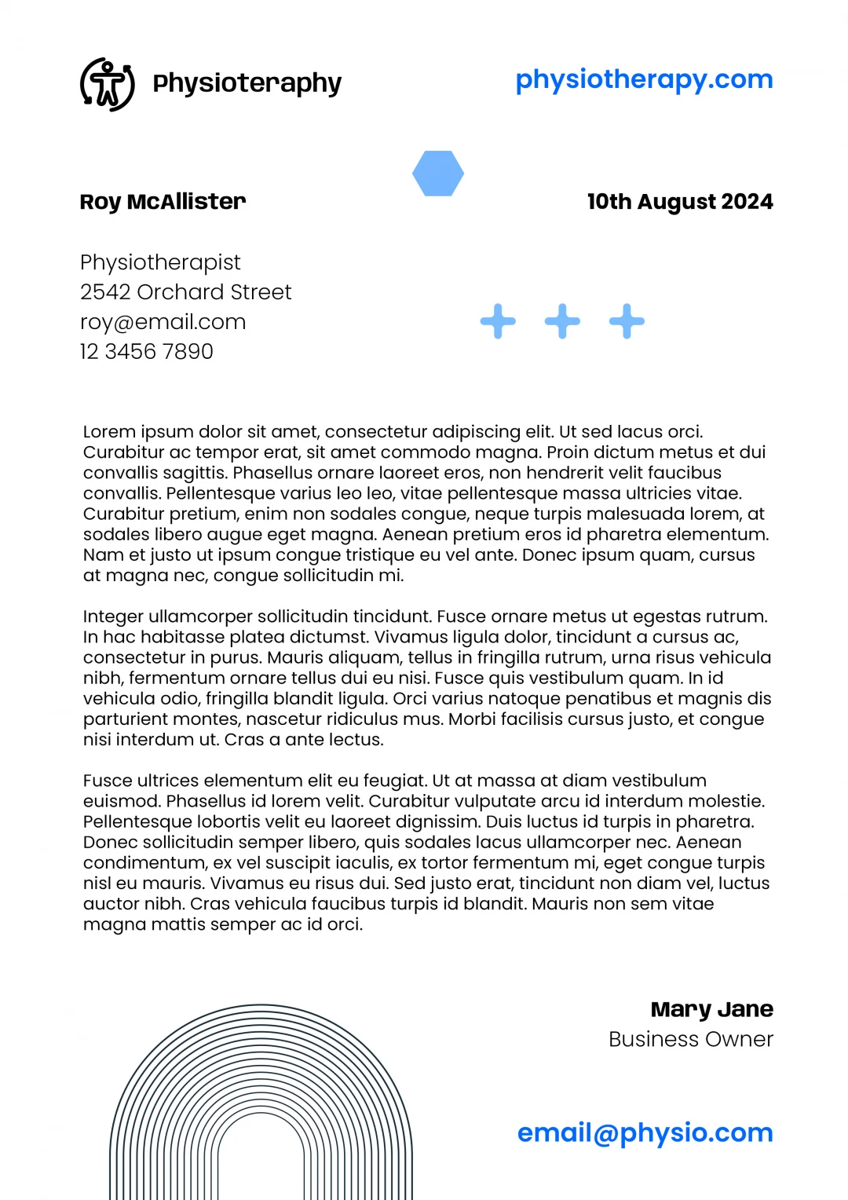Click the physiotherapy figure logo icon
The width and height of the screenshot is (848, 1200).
click(x=108, y=84)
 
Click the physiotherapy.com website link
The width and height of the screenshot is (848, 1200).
click(x=644, y=79)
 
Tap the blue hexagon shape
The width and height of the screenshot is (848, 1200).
click(x=438, y=174)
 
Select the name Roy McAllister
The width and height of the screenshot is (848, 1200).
click(x=163, y=202)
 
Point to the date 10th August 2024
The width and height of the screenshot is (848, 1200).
click(x=680, y=202)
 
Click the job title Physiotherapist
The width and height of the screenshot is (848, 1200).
click(x=160, y=262)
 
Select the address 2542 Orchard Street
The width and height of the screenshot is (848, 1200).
click(x=185, y=292)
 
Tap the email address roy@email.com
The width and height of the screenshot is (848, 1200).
click(x=163, y=322)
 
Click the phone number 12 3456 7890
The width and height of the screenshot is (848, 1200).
click(x=146, y=352)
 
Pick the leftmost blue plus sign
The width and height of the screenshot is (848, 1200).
click(x=498, y=321)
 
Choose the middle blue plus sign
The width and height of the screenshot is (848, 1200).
click(x=562, y=321)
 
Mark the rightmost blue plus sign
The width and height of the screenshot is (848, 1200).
click(x=627, y=321)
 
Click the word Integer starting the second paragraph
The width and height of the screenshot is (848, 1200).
click(x=113, y=616)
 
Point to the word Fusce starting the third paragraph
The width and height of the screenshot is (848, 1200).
click(x=108, y=781)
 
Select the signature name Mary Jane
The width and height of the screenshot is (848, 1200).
click(x=711, y=1009)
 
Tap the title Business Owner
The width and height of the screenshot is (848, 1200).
click(x=691, y=1039)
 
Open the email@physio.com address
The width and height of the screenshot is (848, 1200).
click(x=645, y=1132)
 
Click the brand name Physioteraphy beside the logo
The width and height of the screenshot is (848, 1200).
click(x=247, y=83)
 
